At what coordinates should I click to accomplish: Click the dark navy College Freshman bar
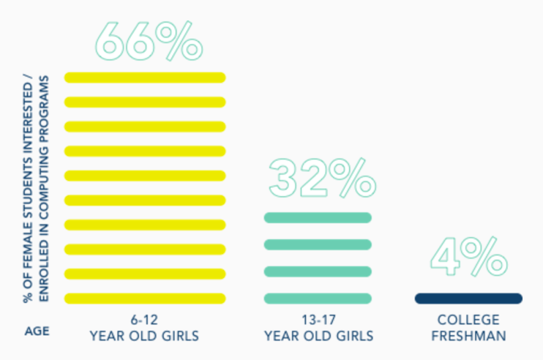[468, 298]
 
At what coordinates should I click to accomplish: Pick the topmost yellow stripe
[145, 77]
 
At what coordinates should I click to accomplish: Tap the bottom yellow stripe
[145, 298]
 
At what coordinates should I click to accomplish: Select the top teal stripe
[317, 218]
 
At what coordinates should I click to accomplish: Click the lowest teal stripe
[317, 298]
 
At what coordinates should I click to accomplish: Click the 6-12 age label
[144, 319]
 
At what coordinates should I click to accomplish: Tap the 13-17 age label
[318, 319]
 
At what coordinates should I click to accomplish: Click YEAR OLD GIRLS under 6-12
[144, 335]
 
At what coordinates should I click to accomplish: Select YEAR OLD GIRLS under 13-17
[318, 335]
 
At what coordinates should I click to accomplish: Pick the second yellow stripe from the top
[145, 102]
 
